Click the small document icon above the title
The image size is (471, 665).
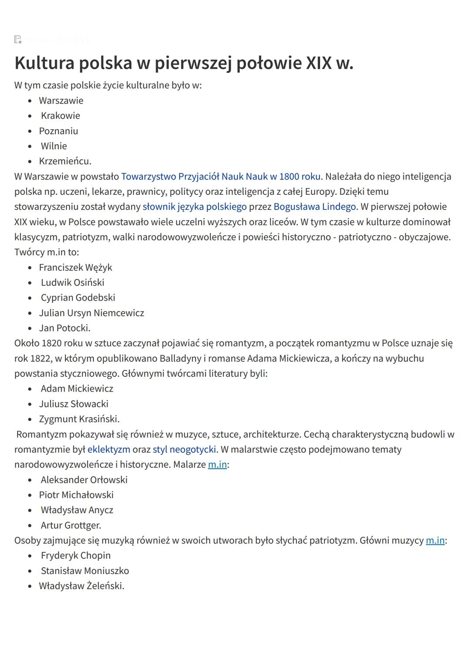pos(18,40)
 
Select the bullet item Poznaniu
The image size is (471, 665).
pos(58,131)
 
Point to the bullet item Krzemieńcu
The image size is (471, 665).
pos(65,162)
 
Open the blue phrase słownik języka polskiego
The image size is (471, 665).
pos(195,207)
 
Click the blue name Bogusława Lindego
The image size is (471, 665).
pos(314,207)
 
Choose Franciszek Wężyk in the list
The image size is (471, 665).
pos(75,267)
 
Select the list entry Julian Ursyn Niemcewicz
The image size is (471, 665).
pos(92,313)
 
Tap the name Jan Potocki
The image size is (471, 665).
pos(65,328)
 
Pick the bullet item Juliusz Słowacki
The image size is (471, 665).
pos(74,404)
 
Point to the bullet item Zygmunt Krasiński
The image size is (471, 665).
pos(79,419)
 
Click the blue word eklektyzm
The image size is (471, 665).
pos(109,449)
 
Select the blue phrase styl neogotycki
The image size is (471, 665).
pos(184,449)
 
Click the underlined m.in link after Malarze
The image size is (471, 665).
pos(217,465)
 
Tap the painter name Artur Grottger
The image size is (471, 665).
pos(71,526)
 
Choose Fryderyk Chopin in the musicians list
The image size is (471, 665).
pos(75,556)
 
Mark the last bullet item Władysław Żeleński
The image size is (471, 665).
pos(82,586)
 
